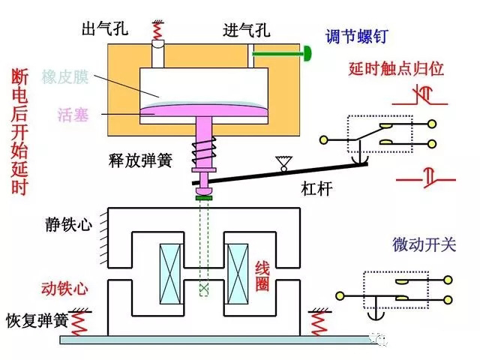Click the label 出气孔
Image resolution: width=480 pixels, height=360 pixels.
[x=106, y=31]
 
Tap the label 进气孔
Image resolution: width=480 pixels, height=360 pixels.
[x=247, y=31]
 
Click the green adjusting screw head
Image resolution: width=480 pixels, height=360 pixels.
[x=307, y=53]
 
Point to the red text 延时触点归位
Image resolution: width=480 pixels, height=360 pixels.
[x=397, y=69]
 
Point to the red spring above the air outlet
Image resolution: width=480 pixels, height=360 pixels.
[x=158, y=31]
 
